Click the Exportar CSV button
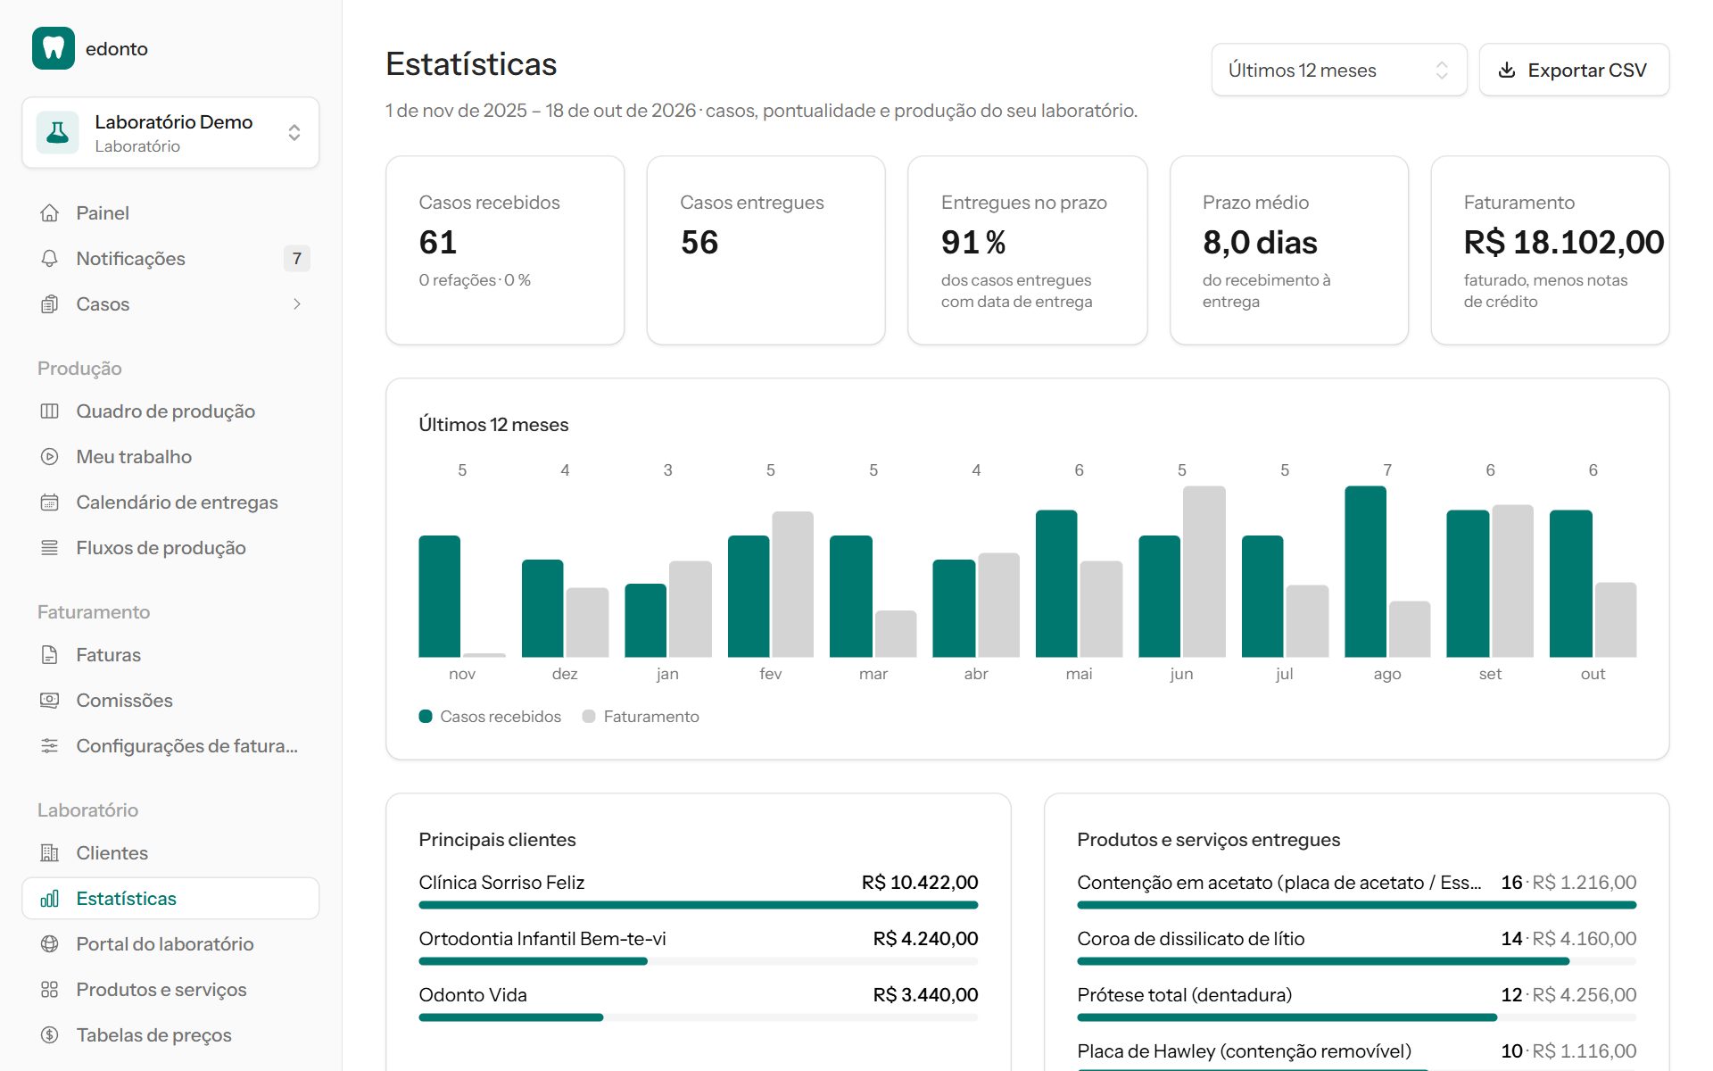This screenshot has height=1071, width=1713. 1574,70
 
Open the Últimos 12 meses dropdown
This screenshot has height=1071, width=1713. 1338,70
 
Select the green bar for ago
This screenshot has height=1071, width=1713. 1365,572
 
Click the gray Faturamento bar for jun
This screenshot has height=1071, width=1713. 1204,572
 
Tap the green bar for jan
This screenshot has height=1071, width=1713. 645,620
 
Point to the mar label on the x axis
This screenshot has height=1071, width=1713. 873,674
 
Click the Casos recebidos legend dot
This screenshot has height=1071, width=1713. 426,717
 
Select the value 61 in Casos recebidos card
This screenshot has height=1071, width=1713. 438,243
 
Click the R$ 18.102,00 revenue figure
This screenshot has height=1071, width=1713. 1563,243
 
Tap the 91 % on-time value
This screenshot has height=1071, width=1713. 973,243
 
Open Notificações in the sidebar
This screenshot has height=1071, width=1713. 130,259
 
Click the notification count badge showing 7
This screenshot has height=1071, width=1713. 297,259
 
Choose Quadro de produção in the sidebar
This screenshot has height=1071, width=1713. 166,411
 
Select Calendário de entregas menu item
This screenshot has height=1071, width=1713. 177,502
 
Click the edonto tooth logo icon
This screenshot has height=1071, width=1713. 54,48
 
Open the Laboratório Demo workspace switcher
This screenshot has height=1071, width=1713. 170,133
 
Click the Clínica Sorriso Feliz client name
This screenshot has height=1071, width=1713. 501,883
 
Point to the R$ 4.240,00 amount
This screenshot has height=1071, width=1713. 925,939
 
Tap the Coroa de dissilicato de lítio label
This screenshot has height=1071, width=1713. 1190,939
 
